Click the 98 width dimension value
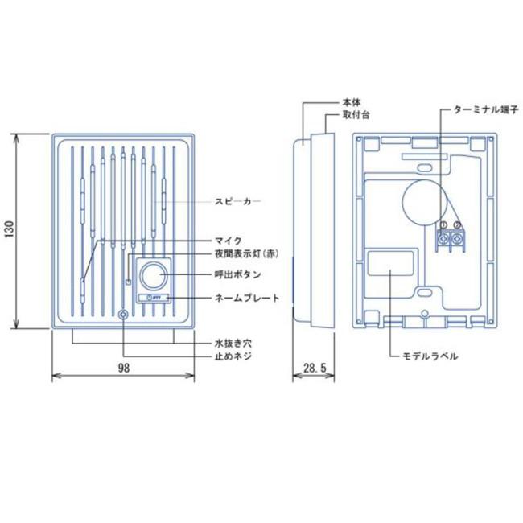(123, 368)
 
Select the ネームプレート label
(246, 298)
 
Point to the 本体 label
(351, 103)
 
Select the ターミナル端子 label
(480, 109)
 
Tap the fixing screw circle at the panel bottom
(122, 315)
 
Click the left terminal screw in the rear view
(443, 239)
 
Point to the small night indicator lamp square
(128, 282)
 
